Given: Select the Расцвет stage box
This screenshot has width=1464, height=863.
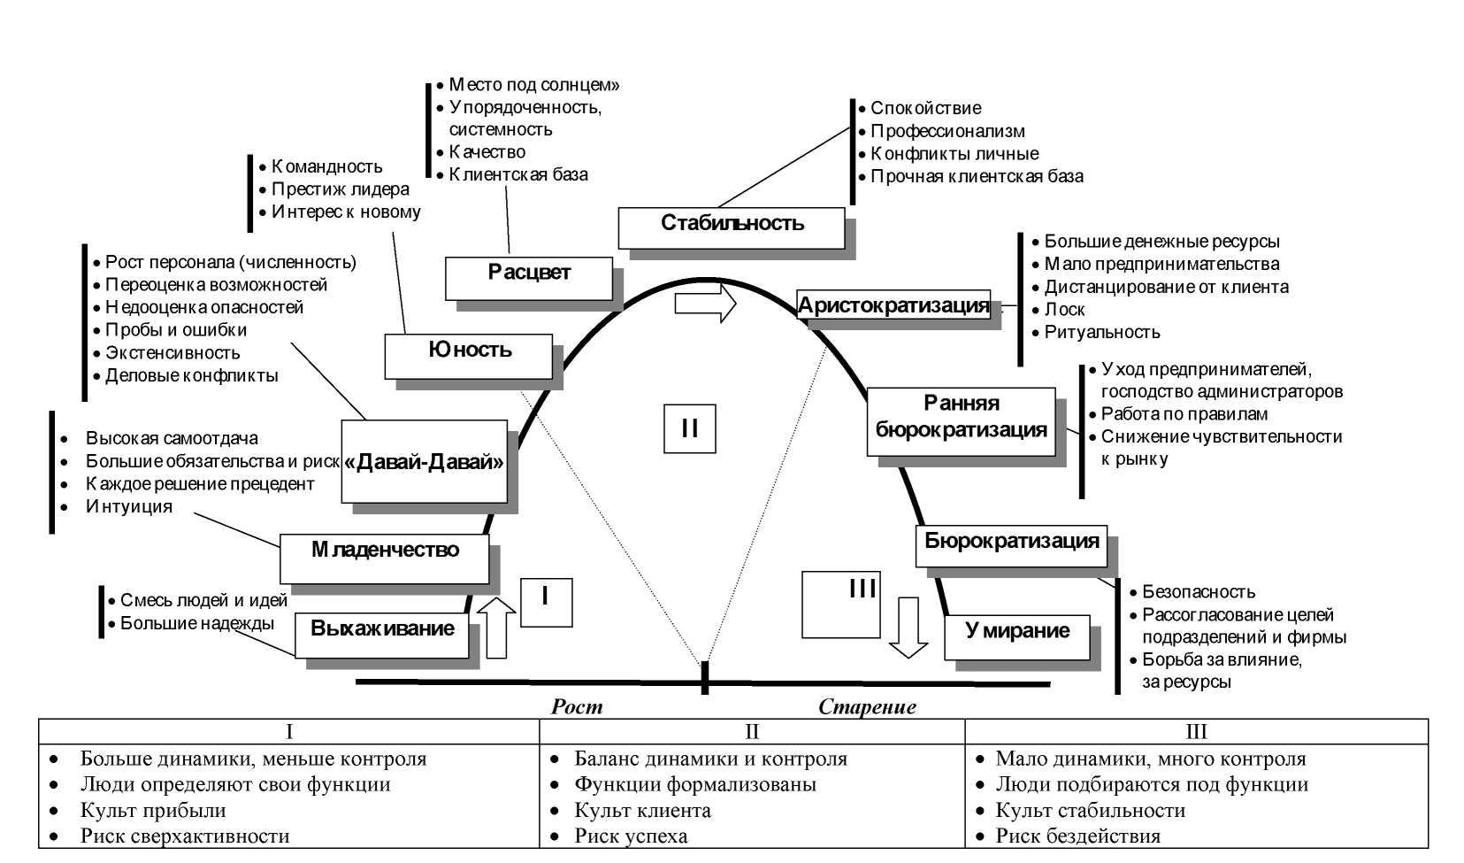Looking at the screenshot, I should click(x=528, y=278).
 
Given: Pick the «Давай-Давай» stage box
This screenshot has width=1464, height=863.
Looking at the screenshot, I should click(x=425, y=461).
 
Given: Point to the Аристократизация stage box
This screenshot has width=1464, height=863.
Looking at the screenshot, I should click(x=893, y=305).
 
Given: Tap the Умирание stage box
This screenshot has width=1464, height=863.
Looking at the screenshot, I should click(x=1017, y=636).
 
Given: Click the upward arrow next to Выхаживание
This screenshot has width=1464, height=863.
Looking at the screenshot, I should click(x=496, y=628).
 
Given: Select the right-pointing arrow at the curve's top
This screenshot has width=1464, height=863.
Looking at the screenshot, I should click(x=705, y=303).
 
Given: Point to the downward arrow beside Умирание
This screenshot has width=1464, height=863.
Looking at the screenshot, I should click(x=908, y=627).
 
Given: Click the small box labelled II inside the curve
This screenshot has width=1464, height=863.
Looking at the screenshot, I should click(x=690, y=428).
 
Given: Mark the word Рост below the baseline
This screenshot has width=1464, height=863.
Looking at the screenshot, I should click(x=577, y=706).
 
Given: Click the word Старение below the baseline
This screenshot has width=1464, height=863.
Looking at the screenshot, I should click(x=867, y=706).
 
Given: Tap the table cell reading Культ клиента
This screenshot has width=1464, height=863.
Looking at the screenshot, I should click(x=642, y=810).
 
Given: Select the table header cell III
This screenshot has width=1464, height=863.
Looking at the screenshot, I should click(x=1196, y=731).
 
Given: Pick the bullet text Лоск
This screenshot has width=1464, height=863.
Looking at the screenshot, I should click(x=1064, y=310).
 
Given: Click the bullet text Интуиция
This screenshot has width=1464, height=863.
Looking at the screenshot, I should click(x=129, y=506).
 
